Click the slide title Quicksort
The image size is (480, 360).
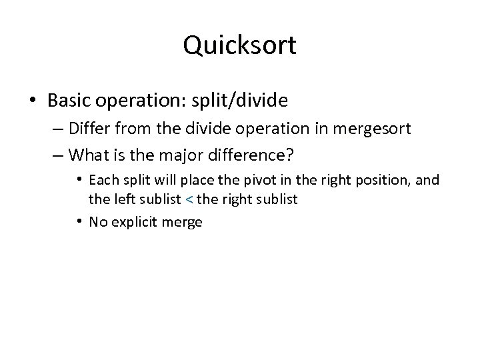click(x=239, y=46)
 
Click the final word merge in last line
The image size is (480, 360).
click(x=183, y=222)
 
